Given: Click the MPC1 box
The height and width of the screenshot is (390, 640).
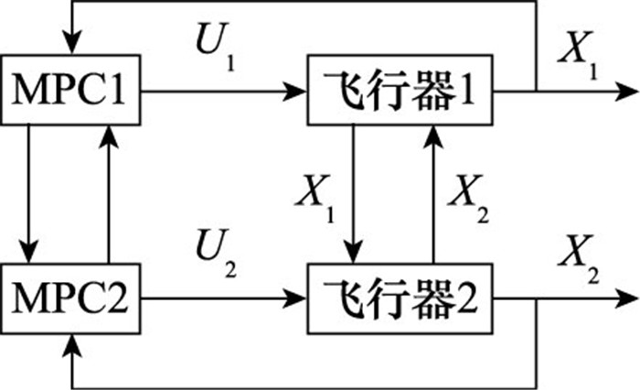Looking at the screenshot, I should (71, 92).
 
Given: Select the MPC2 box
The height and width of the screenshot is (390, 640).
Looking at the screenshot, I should (71, 298).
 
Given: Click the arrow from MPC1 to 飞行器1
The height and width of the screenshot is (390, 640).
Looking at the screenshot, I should (225, 92).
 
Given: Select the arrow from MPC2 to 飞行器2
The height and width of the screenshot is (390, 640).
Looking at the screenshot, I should (225, 298).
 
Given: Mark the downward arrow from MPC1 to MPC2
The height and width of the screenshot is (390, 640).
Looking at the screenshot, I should (30, 192).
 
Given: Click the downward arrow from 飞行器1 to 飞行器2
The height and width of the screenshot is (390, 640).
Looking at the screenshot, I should (354, 192).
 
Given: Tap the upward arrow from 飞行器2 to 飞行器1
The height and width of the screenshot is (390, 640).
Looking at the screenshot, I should (432, 192).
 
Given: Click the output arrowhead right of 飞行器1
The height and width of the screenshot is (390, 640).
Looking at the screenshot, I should (625, 92).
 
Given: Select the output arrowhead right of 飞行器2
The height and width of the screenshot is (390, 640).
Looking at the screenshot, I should (625, 298).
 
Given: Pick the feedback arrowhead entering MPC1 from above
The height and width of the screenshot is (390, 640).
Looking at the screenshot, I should (71, 44).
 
